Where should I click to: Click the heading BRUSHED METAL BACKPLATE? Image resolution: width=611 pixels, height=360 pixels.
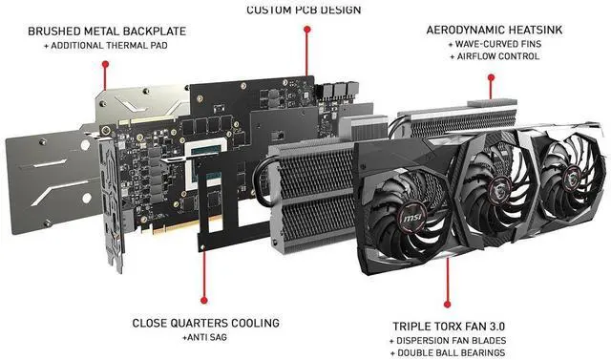point(107,32)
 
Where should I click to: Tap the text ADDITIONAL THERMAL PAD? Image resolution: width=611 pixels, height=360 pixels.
point(109,46)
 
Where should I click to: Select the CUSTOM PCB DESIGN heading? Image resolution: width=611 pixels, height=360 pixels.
point(304,10)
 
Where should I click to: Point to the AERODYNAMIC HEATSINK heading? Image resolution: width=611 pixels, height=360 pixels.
point(495,30)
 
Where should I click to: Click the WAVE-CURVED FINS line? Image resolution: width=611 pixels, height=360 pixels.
point(498,44)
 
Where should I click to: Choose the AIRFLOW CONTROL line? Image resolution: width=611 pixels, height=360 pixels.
point(498,56)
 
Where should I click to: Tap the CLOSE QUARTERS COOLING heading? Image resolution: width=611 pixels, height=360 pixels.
point(206,323)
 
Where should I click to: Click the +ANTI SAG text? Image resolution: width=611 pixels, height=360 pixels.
point(204,337)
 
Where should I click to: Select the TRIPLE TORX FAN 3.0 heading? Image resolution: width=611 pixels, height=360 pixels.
point(449,327)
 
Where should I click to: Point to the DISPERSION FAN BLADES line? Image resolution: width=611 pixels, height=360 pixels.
point(452,341)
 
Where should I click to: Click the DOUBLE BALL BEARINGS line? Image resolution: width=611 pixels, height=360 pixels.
point(452,353)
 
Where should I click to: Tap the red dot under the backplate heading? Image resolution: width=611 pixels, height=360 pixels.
point(105,64)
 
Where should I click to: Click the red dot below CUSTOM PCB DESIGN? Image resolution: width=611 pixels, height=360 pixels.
point(307,30)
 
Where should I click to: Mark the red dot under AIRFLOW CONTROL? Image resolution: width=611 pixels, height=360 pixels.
point(491,77)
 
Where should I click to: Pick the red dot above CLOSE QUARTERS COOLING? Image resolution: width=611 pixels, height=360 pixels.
point(203,300)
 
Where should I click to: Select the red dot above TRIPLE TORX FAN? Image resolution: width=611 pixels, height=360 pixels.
point(448,304)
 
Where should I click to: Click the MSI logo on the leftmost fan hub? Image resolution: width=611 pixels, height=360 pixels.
point(411,219)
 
